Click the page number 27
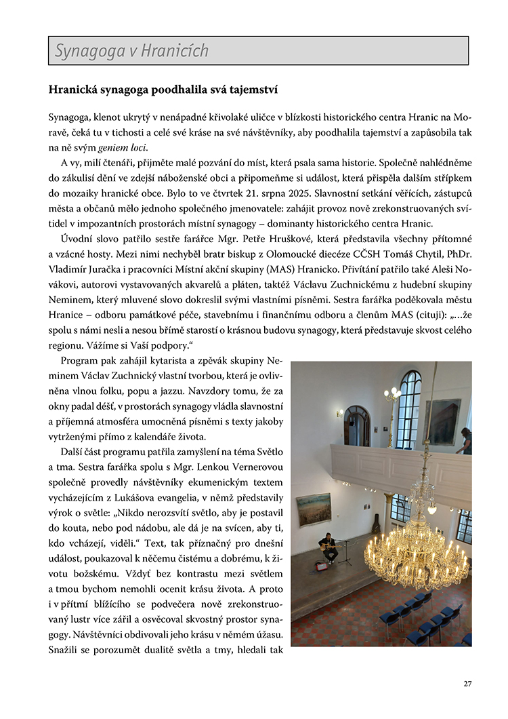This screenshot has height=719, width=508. pos(467,683)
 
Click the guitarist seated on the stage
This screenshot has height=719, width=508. pos(329,547)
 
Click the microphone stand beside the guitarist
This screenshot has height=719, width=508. pos(347,551)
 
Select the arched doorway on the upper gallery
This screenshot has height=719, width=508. pos(356,425)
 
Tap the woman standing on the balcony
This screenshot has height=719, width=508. pos(465,441)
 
